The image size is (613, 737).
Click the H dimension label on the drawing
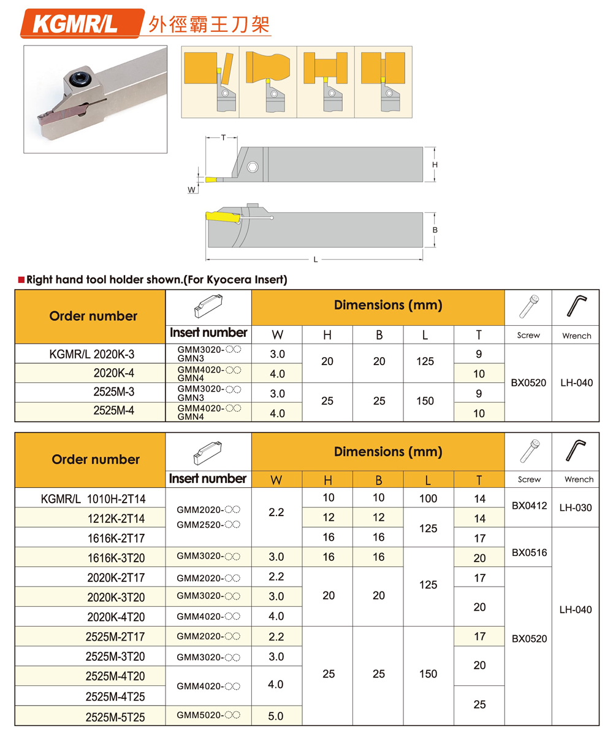coord(434,165)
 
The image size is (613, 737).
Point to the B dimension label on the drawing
coord(434,229)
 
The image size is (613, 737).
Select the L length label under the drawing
coord(316,259)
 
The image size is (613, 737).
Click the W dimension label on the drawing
coord(192,190)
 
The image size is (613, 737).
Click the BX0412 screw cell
coord(528,507)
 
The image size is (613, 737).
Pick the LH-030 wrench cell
coord(576,507)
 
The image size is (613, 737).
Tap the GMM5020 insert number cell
coord(208,715)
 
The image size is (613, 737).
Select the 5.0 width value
coord(276,716)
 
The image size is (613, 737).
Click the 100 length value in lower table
coord(428,499)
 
